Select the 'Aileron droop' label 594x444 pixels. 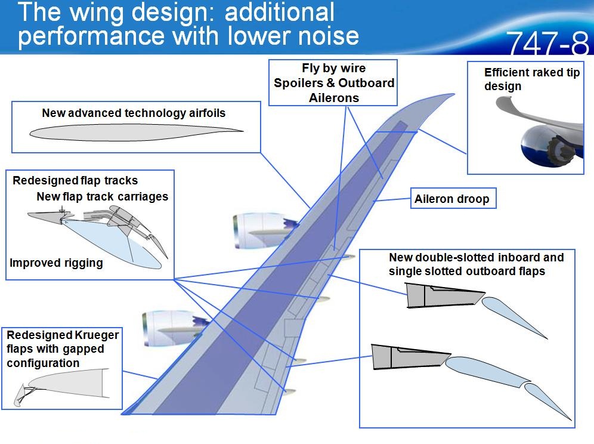452,199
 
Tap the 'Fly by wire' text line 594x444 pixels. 333,69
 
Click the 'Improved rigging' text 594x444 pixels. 57,263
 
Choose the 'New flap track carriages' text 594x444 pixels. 103,196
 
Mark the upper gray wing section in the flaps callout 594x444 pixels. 442,295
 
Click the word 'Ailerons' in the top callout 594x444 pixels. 333,97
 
